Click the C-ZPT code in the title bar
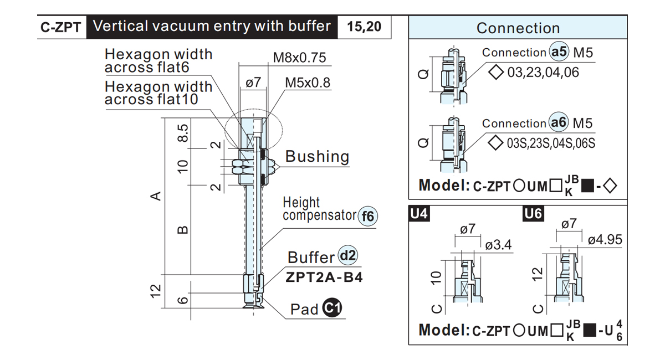pos(60,27)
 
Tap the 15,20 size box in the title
pos(364,27)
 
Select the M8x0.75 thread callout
pos(299,58)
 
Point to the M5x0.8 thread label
pos(308,83)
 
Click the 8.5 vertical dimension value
pos(183,133)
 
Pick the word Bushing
pos(317,156)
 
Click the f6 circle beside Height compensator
pos(368,216)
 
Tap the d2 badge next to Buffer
pos(348,255)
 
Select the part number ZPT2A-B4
pos(324,277)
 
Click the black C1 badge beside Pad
pos(332,308)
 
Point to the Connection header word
pos(518,28)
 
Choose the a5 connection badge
pos(559,52)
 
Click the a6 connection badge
pos(559,122)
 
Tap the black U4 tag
pos(419,214)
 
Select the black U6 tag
pos(533,214)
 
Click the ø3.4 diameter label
pos(498,245)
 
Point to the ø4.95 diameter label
pos(605,239)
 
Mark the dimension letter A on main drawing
pos(156,196)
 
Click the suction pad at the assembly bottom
pos(253,301)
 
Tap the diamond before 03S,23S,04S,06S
pos(495,143)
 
